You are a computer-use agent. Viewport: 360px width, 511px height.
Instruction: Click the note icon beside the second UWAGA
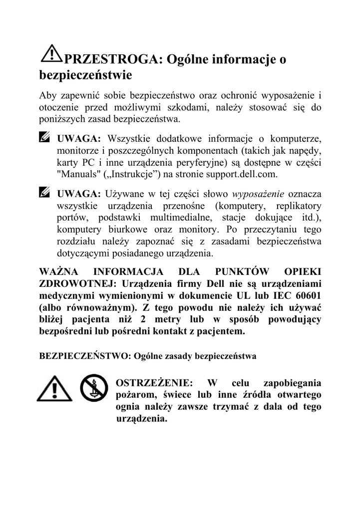click(x=45, y=192)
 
